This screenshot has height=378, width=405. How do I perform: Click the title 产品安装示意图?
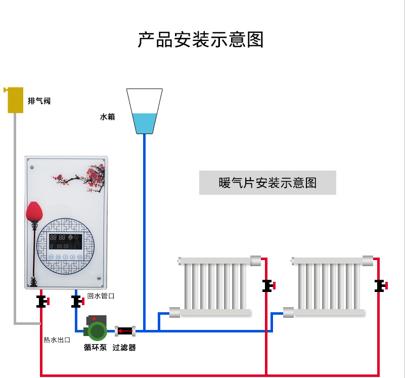click(201, 39)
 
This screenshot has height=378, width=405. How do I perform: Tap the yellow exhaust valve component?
click(15, 100)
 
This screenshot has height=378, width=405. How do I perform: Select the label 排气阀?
click(39, 101)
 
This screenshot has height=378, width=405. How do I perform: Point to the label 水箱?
click(107, 117)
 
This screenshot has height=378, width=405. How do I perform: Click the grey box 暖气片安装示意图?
click(267, 183)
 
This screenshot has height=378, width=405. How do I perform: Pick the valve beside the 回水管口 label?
click(77, 302)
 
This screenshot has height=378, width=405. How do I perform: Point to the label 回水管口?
click(101, 296)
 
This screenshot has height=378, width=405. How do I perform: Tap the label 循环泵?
click(95, 348)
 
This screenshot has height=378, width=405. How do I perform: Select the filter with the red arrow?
click(124, 331)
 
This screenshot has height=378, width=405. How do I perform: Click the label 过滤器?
click(124, 348)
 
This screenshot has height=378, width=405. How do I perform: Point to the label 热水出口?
click(57, 340)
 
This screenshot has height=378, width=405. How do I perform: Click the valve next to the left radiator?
click(267, 286)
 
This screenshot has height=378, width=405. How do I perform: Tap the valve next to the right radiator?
click(380, 286)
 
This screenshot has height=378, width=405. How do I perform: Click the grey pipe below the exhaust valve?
click(15, 213)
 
